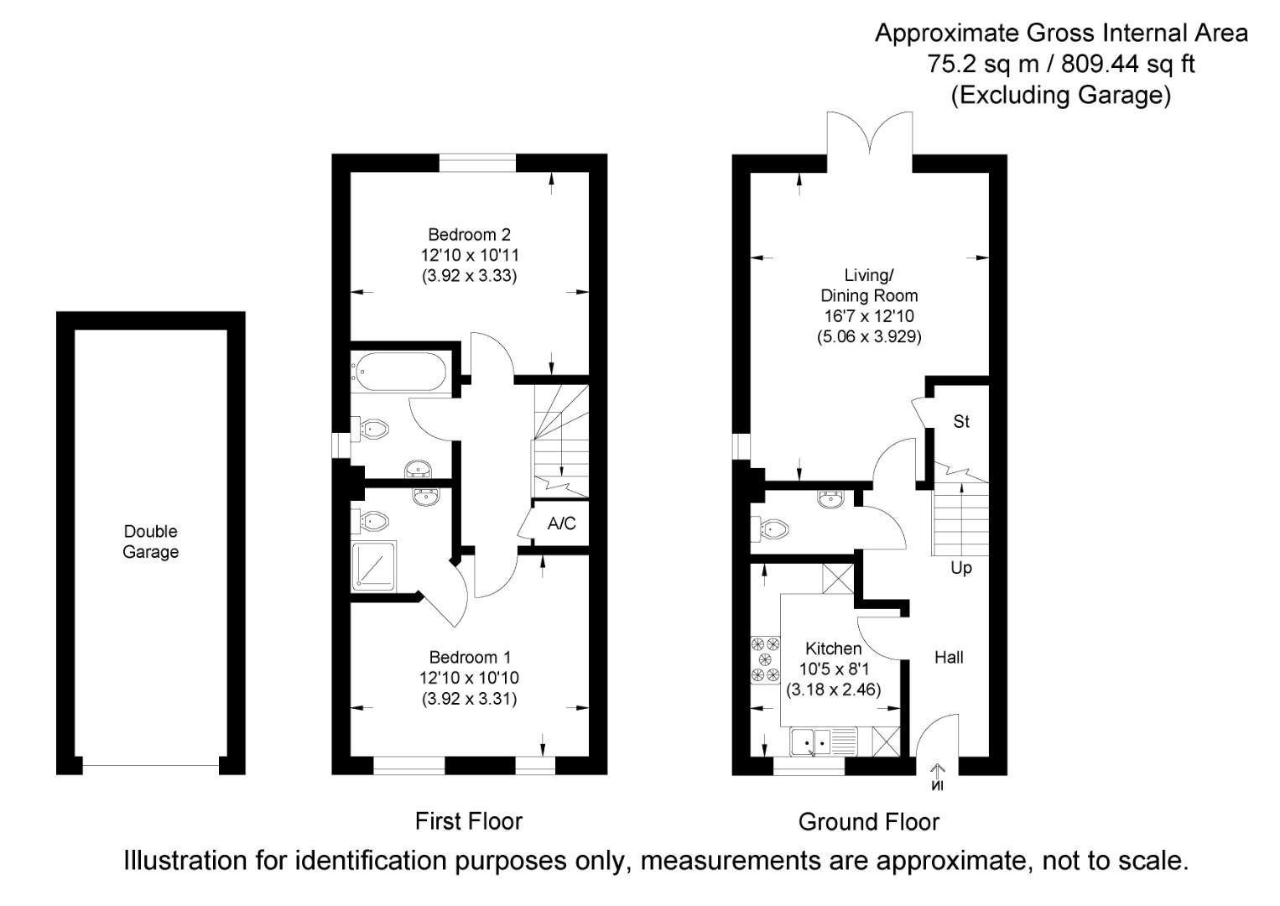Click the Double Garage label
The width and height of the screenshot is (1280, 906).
tap(151, 542)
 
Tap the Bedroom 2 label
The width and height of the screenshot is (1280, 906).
tap(469, 235)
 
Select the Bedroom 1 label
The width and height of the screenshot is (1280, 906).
tap(469, 658)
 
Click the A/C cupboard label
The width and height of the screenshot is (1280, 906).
tap(561, 524)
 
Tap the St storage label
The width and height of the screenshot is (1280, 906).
tap(961, 422)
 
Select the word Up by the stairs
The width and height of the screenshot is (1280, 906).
tap(961, 569)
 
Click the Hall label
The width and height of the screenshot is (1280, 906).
tap(949, 658)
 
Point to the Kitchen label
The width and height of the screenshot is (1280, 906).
tap(833, 648)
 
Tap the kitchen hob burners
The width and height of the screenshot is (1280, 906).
tap(764, 659)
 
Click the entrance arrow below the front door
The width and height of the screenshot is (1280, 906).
tap(937, 777)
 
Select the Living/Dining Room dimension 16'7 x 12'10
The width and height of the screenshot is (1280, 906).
tap(868, 316)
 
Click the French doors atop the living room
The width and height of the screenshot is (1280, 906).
tap(869, 134)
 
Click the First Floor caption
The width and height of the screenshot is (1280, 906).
tap(468, 821)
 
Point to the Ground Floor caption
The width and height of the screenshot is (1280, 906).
tap(868, 822)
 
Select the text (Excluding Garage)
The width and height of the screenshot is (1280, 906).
tap(1060, 95)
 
